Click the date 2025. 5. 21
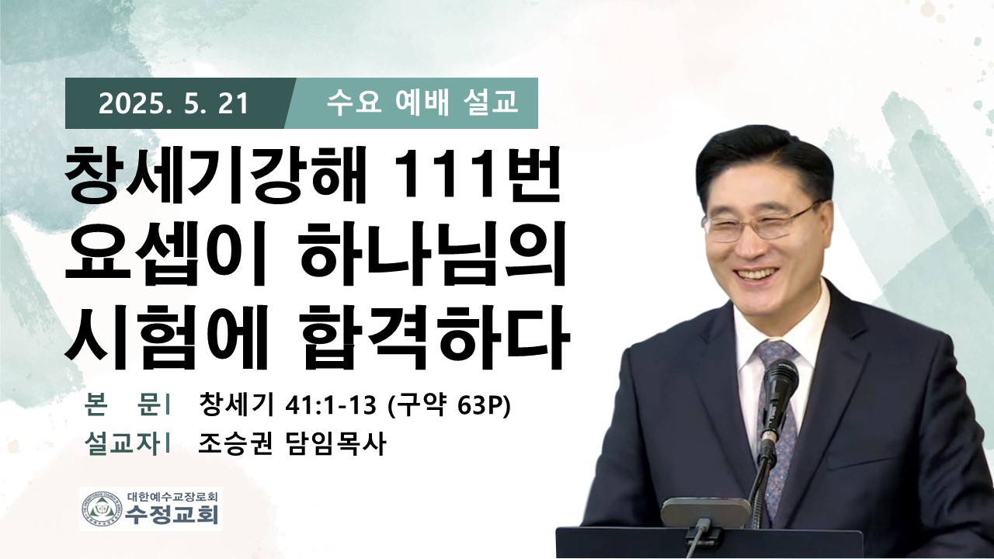(x=173, y=105)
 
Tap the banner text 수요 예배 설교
(x=422, y=103)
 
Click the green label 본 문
(x=123, y=404)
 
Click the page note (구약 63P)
(x=450, y=405)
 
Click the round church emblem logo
(x=103, y=509)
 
